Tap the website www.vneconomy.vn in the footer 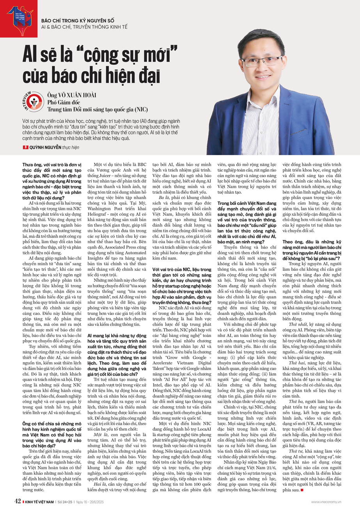click(x=329, y=502)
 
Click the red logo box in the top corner click(x=19, y=18)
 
